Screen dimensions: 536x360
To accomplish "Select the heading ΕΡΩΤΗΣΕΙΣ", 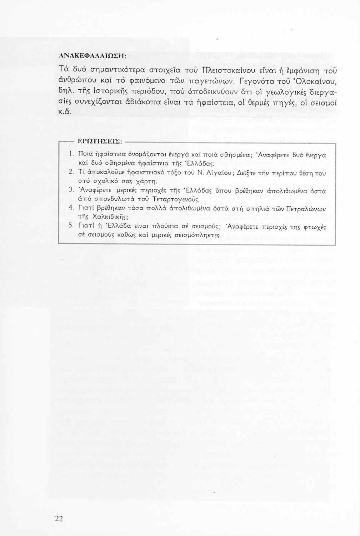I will (x=97, y=142).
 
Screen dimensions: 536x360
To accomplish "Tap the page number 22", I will (x=59, y=519).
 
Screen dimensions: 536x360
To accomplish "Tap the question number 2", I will (x=71, y=172).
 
